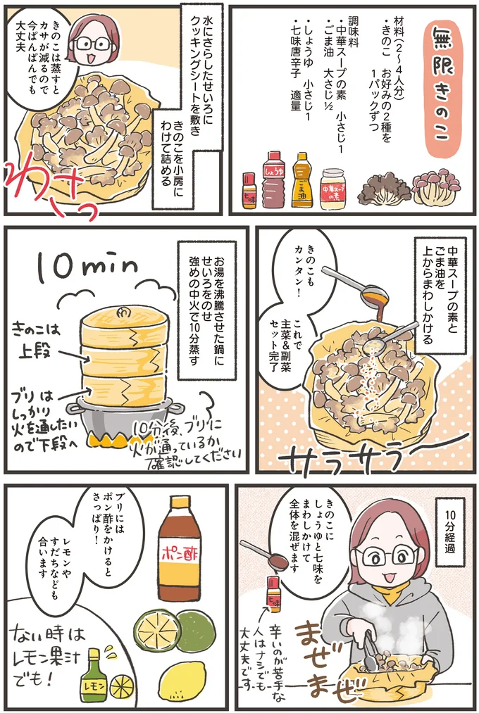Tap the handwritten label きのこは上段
point(39,336)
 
